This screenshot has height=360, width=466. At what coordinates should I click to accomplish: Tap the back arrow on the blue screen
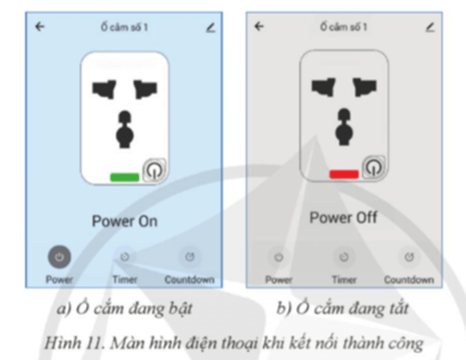(39, 27)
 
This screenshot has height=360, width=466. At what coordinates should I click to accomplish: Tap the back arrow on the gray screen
(259, 27)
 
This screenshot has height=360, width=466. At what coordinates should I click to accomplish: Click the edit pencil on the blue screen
(210, 27)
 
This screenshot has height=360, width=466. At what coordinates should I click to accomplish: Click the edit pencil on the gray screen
(430, 27)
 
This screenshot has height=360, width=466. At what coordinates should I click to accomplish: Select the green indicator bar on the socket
(124, 177)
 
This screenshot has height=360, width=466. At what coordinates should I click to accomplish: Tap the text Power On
(124, 221)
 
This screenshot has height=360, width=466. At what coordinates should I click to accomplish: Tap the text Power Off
(343, 218)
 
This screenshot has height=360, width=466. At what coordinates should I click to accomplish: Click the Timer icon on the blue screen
(124, 257)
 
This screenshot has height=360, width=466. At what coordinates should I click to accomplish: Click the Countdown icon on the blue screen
(189, 257)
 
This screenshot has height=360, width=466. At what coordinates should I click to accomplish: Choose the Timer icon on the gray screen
(344, 257)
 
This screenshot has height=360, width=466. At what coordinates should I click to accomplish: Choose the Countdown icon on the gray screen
(409, 257)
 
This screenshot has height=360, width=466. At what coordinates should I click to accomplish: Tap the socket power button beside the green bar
(155, 170)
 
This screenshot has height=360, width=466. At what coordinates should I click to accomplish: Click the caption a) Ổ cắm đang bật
(124, 308)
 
